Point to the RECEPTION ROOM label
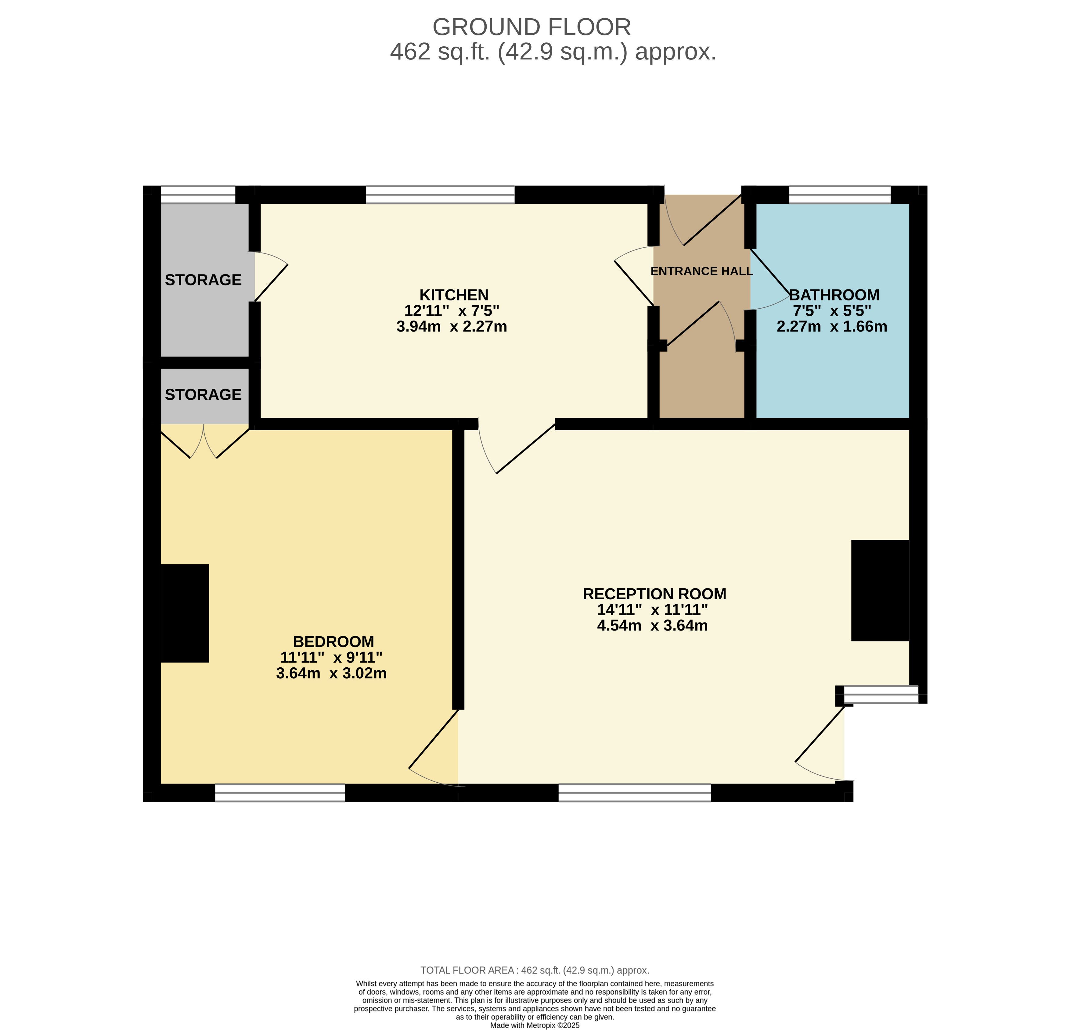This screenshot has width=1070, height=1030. pyautogui.click(x=654, y=594)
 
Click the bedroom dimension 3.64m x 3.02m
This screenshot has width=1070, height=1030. pyautogui.click(x=331, y=673)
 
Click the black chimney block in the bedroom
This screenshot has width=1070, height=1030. pyautogui.click(x=185, y=614)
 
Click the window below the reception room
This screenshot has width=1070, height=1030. pyautogui.click(x=635, y=793)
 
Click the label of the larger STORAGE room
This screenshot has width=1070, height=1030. pyautogui.click(x=203, y=280)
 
